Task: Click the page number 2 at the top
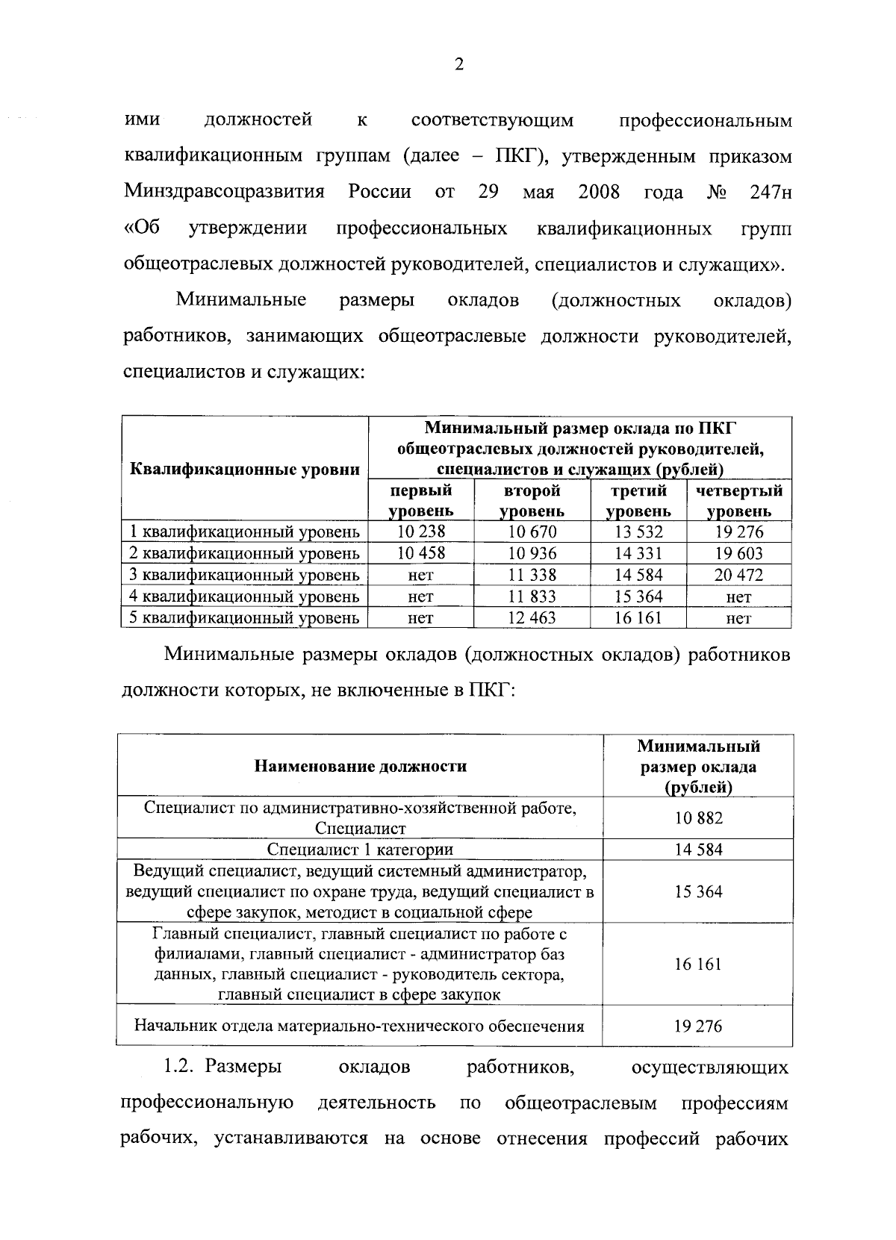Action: click(459, 65)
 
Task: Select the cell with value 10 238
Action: click(421, 532)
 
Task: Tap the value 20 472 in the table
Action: click(738, 575)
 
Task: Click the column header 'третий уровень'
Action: click(638, 501)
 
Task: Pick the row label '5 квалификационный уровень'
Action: click(245, 618)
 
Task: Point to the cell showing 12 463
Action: click(532, 618)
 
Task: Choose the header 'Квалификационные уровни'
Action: click(245, 470)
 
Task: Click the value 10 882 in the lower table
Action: click(698, 817)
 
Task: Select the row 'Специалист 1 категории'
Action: click(360, 850)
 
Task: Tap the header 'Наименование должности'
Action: click(360, 766)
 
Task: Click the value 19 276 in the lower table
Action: click(698, 1026)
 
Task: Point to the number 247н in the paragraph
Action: click(770, 193)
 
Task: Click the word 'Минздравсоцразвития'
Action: click(224, 193)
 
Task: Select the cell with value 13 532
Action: click(638, 532)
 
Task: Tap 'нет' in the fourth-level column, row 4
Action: click(738, 596)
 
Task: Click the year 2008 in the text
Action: click(599, 193)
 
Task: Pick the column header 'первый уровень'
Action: click(421, 501)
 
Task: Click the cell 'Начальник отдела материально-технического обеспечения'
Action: click(360, 1026)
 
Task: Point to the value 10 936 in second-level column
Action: click(532, 553)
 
